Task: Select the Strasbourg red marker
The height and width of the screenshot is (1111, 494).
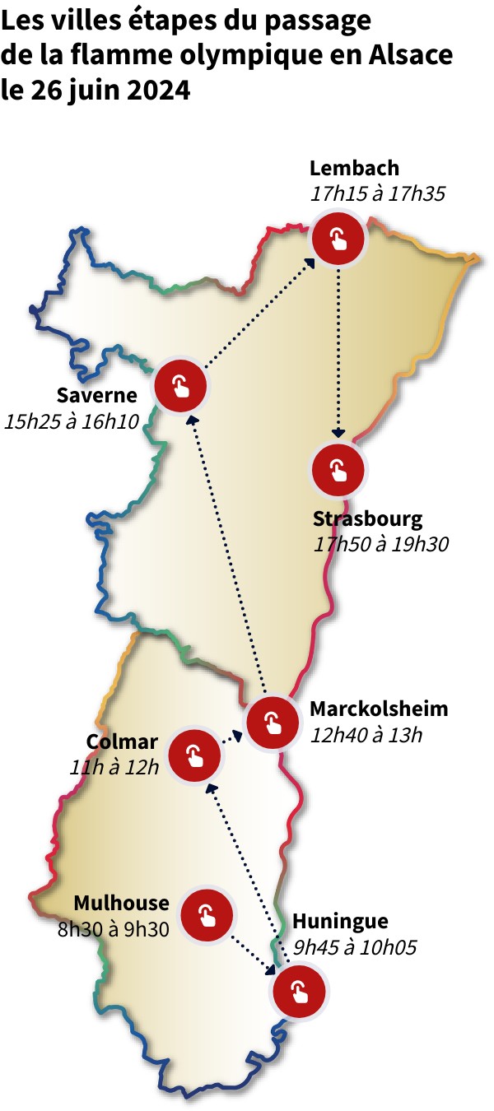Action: click(338, 470)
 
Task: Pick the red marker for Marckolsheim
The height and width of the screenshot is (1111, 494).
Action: click(272, 722)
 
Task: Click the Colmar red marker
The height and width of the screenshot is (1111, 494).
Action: click(193, 755)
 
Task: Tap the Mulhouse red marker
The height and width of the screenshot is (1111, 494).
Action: click(206, 913)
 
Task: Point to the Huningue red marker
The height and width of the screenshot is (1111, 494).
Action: click(299, 991)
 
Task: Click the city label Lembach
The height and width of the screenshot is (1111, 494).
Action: click(354, 169)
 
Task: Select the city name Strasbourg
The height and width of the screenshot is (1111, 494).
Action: click(367, 519)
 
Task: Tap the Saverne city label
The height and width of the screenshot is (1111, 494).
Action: click(96, 395)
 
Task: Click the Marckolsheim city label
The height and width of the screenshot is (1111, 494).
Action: click(379, 709)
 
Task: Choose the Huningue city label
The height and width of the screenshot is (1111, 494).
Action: click(340, 921)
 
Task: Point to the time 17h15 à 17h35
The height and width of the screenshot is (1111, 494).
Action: click(378, 195)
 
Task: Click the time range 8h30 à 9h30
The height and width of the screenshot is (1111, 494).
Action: click(114, 928)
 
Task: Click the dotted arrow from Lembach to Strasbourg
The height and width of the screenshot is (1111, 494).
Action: click(338, 354)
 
